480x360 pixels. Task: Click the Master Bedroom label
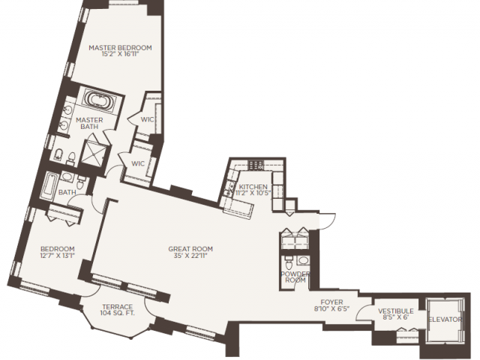(120, 48)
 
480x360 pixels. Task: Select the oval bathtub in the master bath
(100, 100)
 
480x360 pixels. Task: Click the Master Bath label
(89, 123)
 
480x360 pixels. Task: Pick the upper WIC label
(147, 119)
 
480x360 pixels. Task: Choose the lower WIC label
(138, 163)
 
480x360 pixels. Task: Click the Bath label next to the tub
(67, 192)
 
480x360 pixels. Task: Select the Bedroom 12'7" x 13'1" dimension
(58, 256)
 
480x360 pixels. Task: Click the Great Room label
(190, 249)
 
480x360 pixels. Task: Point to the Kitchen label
(253, 187)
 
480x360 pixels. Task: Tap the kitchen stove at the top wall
(256, 165)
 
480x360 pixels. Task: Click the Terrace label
(118, 307)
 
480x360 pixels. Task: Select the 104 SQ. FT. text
(117, 313)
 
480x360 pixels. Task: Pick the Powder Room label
(295, 277)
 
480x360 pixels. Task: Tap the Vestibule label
(395, 311)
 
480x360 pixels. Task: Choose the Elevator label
(445, 319)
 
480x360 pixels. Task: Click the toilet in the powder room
(288, 262)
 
